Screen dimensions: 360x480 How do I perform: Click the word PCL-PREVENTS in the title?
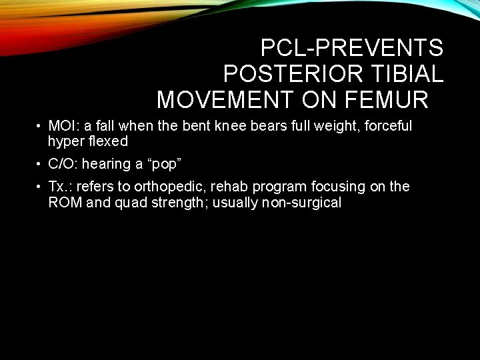pos(351,48)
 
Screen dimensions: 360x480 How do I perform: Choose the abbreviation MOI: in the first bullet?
pos(64,126)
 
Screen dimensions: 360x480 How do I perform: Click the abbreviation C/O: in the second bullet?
pos(64,164)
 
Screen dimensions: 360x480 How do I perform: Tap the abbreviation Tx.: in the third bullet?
pos(61,187)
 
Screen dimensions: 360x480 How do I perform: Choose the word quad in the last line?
pos(133,203)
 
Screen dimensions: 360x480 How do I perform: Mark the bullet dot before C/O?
pos(41,164)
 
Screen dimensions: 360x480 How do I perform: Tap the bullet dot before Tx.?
pos(41,187)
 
